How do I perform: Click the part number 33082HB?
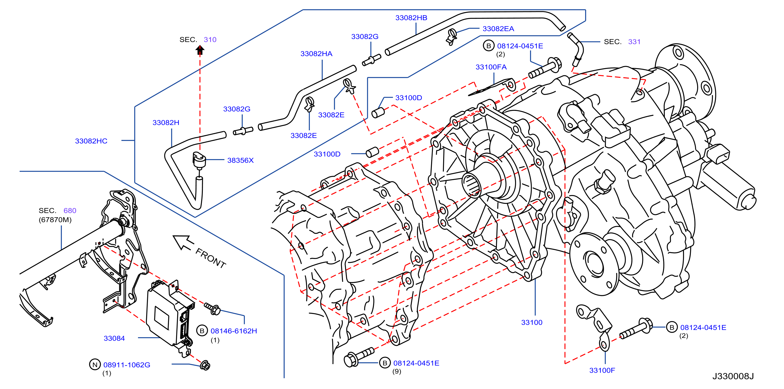411,18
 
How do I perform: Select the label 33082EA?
498,29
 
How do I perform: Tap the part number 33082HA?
316,54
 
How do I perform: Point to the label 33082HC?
91,141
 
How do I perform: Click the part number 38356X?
240,160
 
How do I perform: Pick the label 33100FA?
491,67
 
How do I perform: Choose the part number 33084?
114,338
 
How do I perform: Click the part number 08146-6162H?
234,331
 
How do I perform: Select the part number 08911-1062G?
127,365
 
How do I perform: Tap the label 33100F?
602,370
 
